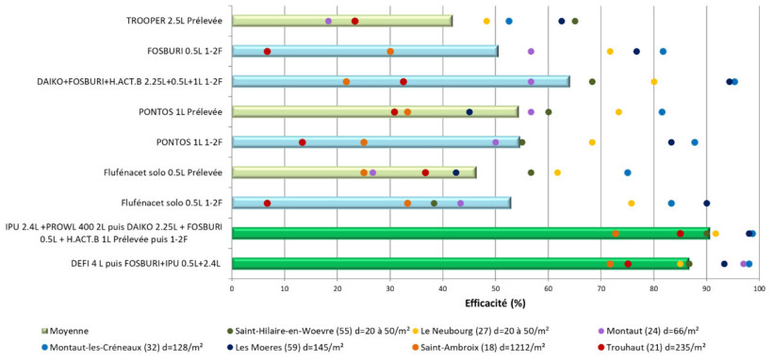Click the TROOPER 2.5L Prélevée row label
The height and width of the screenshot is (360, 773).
174,21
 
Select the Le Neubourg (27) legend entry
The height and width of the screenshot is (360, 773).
485,330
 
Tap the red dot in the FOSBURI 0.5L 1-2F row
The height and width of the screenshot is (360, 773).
267,51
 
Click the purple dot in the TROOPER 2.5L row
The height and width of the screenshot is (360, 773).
328,21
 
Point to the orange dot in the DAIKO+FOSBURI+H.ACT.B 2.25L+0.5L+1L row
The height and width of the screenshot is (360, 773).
346,82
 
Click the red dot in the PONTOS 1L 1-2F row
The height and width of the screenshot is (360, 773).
302,142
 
